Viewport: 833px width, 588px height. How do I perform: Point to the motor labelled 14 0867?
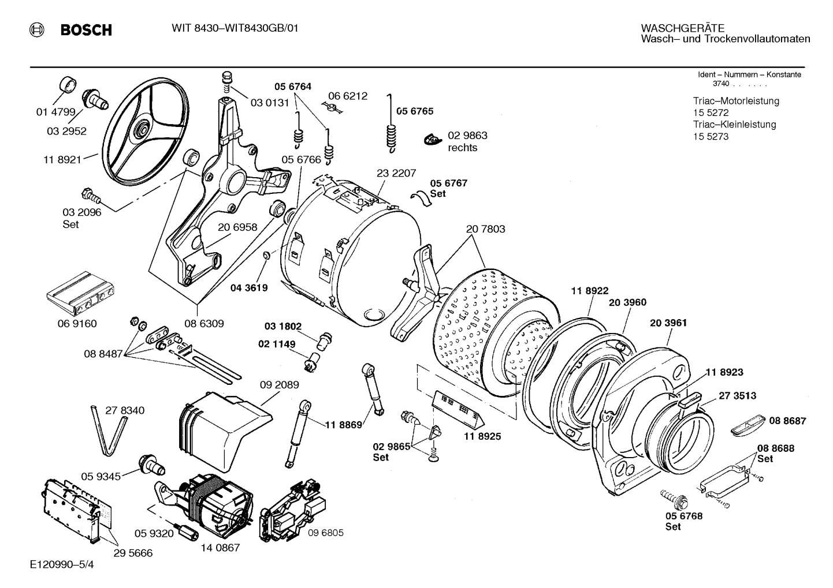click(214, 499)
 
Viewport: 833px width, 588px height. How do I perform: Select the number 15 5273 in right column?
click(711, 137)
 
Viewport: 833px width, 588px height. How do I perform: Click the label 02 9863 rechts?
click(467, 141)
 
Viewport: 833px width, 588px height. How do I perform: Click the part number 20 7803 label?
click(485, 229)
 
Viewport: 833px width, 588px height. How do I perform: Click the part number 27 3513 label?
click(737, 396)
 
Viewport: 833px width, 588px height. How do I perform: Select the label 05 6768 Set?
click(683, 521)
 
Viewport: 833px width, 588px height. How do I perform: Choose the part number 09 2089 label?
click(279, 385)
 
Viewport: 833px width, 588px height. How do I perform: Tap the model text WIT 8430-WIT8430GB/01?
click(235, 28)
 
